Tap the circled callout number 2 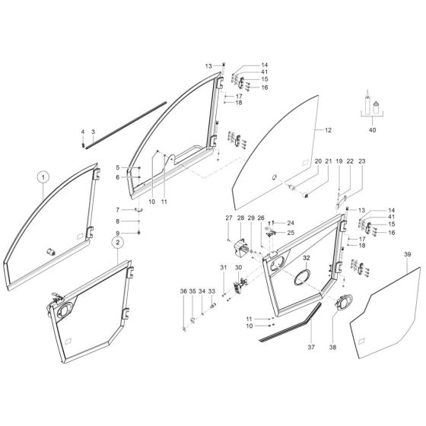point(118,242)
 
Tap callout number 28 point(241,218)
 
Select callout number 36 point(183,291)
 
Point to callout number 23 point(361,162)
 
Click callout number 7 point(118,209)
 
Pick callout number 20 point(318,162)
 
